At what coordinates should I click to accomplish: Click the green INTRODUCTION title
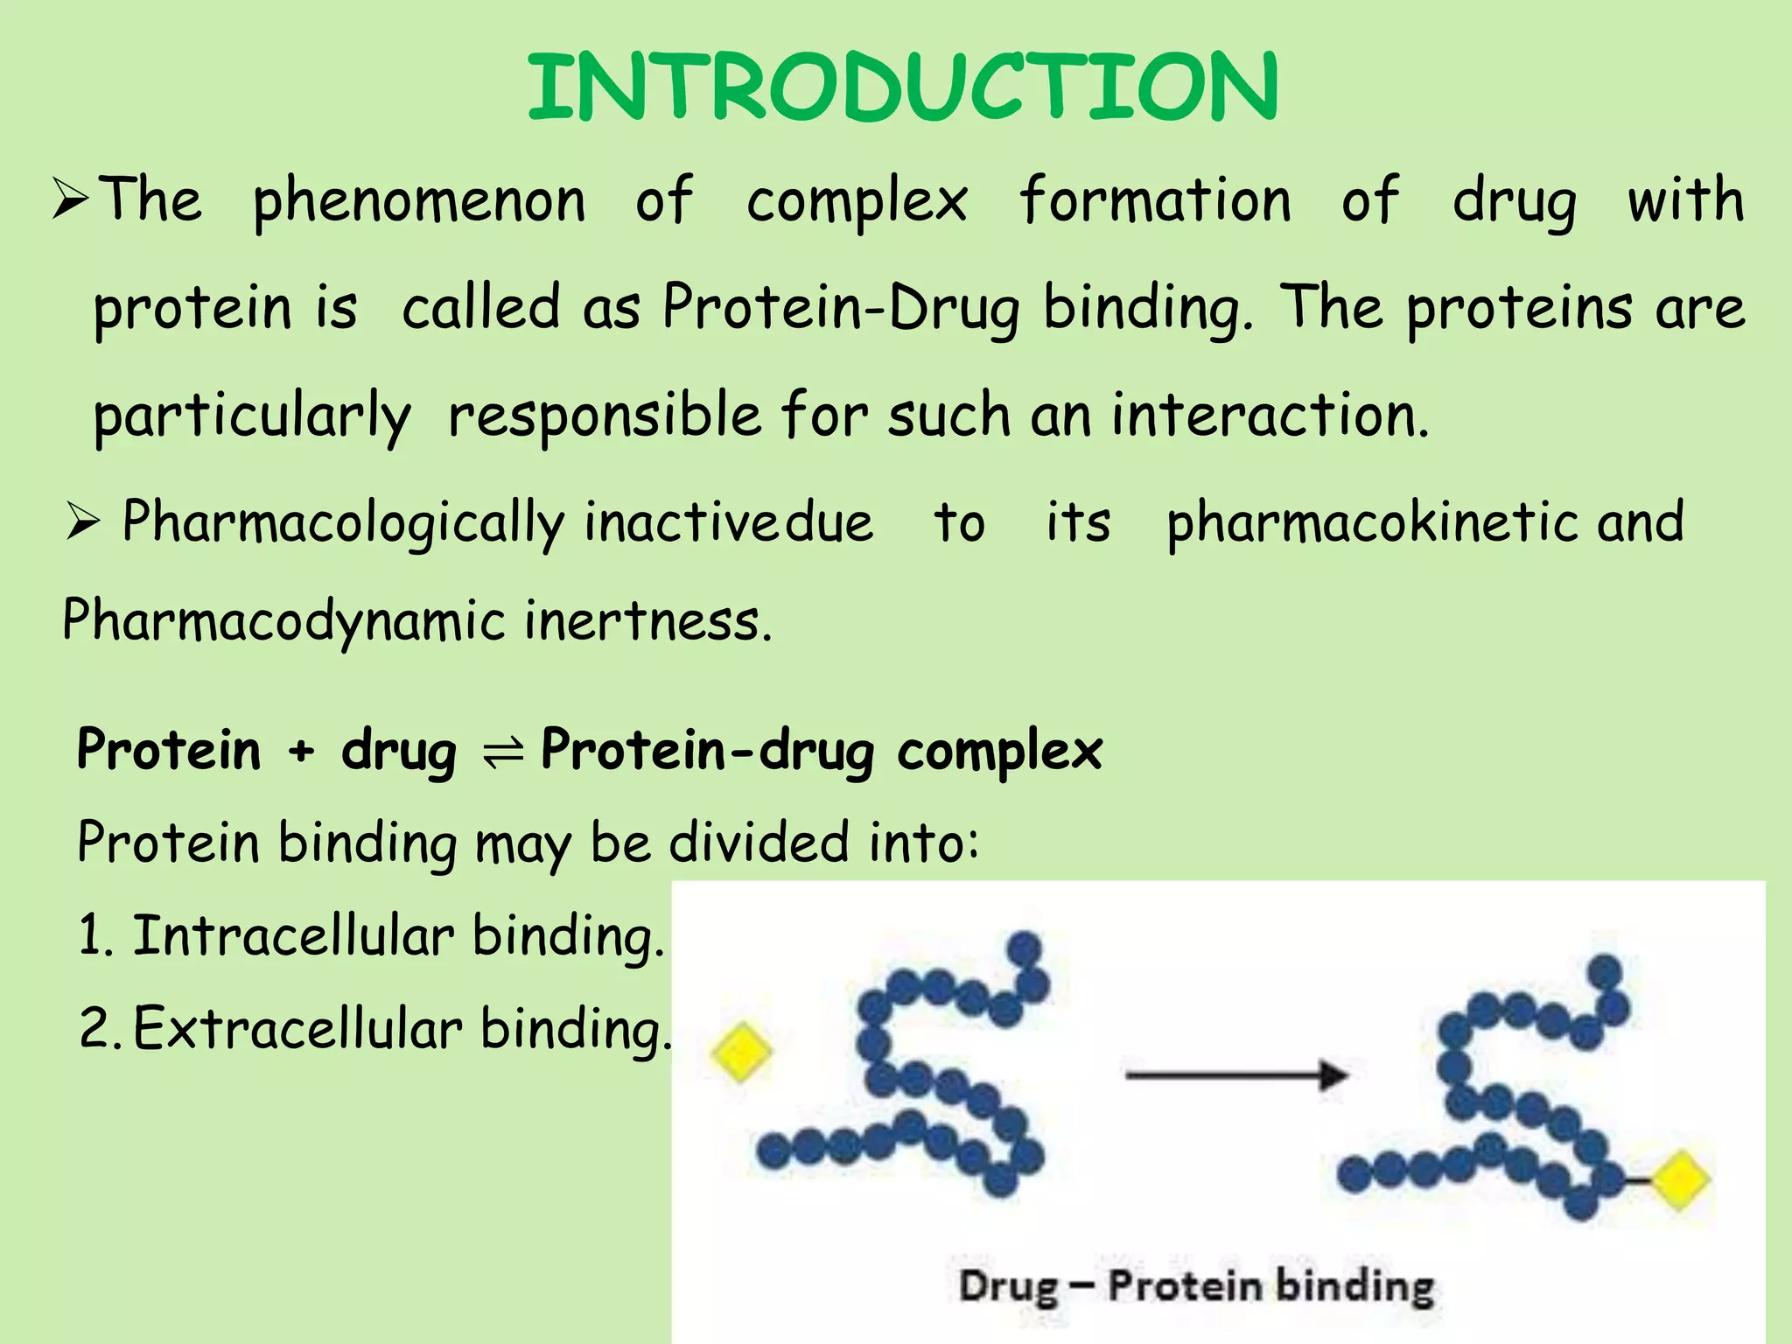[x=903, y=87]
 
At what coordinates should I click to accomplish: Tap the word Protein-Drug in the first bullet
[x=840, y=309]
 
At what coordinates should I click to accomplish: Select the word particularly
[x=252, y=417]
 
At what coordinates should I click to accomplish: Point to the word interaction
[x=1269, y=416]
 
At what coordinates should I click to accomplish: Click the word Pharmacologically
[x=343, y=523]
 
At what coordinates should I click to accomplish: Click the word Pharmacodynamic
[x=283, y=621]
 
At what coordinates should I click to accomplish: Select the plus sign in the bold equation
[x=301, y=751]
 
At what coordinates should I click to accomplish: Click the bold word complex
[x=999, y=751]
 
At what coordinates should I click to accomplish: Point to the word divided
[x=759, y=843]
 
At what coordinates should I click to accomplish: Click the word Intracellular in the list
[x=293, y=935]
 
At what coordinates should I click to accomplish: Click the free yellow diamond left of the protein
[x=741, y=1053]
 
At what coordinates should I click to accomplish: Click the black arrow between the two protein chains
[x=1235, y=1074]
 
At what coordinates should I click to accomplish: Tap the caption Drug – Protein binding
[x=1196, y=1286]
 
